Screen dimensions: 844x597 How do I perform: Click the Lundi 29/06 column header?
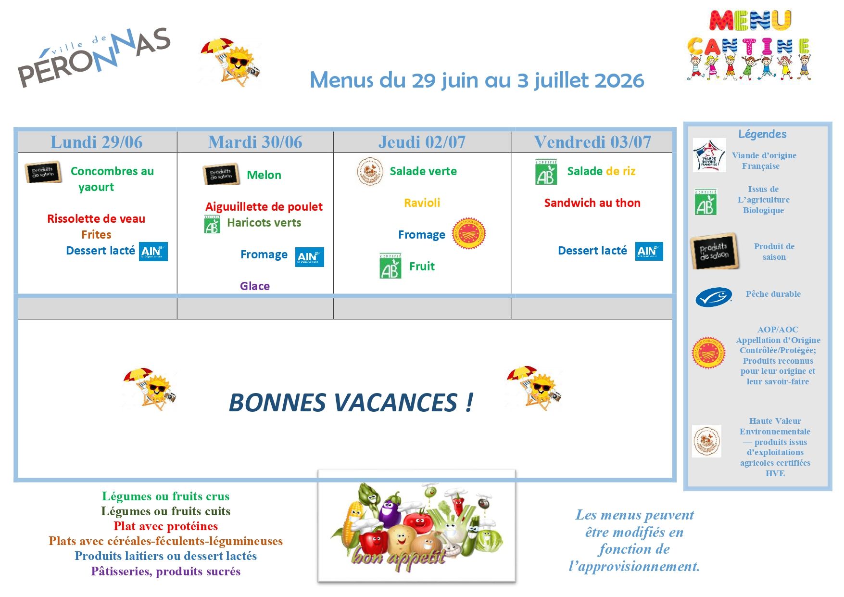pyautogui.click(x=97, y=142)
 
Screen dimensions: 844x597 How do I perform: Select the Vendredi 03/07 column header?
pyautogui.click(x=592, y=142)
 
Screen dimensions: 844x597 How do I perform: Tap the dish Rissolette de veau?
pyautogui.click(x=96, y=219)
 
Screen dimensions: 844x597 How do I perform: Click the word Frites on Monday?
pyautogui.click(x=96, y=235)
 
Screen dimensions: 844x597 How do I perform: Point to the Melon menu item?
pyautogui.click(x=264, y=175)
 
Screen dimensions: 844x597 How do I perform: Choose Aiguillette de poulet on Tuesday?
pyautogui.click(x=264, y=207)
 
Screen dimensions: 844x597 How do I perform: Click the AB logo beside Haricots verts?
pyautogui.click(x=212, y=224)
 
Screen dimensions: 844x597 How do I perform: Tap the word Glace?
pyautogui.click(x=255, y=286)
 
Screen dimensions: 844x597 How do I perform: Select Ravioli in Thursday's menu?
pyautogui.click(x=422, y=203)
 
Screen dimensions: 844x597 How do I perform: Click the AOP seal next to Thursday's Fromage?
pyautogui.click(x=468, y=234)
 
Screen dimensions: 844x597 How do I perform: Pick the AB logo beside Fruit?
pyautogui.click(x=391, y=266)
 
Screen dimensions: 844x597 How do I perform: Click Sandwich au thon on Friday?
pyautogui.click(x=592, y=203)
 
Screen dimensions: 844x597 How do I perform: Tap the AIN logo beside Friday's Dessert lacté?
pyautogui.click(x=649, y=252)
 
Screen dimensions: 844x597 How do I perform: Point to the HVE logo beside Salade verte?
pyautogui.click(x=370, y=172)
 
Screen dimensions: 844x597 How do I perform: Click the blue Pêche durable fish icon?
pyautogui.click(x=714, y=297)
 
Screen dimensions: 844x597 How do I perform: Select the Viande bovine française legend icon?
pyautogui.click(x=709, y=155)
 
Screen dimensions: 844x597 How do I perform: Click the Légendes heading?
pyautogui.click(x=762, y=134)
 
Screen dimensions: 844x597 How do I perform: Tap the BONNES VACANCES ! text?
pyautogui.click(x=351, y=403)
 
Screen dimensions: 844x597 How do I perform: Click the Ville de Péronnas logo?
pyautogui.click(x=94, y=57)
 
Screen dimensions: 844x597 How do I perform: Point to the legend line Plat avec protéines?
pyautogui.click(x=166, y=526)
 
